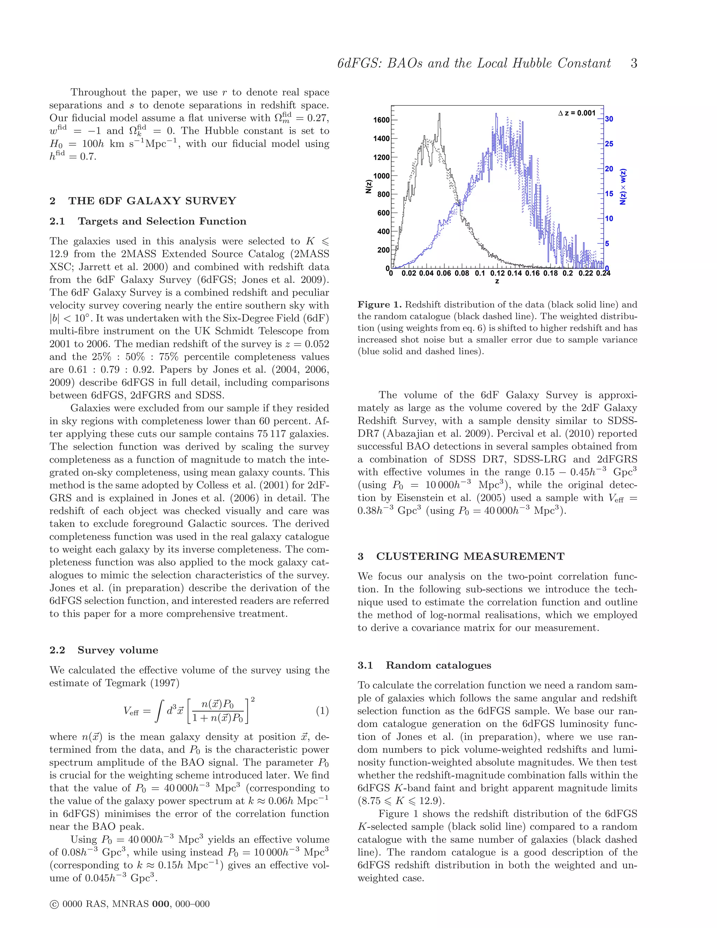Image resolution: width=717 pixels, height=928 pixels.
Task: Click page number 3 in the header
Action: [x=634, y=63]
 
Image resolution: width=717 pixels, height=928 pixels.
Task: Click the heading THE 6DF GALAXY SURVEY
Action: [x=152, y=201]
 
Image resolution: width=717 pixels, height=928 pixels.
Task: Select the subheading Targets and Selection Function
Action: [x=162, y=221]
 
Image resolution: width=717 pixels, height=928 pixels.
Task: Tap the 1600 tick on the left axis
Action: [x=381, y=120]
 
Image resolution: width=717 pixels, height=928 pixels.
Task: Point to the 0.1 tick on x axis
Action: [x=480, y=273]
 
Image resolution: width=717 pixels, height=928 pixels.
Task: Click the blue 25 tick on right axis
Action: [x=609, y=144]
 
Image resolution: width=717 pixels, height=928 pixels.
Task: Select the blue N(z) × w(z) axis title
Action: [x=623, y=187]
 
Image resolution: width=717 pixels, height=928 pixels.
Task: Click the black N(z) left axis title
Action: [x=369, y=187]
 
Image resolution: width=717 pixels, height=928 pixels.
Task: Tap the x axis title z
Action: [x=497, y=281]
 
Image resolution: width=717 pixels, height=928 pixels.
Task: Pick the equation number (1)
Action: [x=322, y=711]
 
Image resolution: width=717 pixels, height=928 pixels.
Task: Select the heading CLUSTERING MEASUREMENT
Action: [x=470, y=557]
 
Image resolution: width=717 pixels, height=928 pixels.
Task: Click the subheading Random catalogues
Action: [x=438, y=665]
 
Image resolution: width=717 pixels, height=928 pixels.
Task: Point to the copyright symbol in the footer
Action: [x=54, y=904]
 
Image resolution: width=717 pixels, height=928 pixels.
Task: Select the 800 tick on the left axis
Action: [x=383, y=194]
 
